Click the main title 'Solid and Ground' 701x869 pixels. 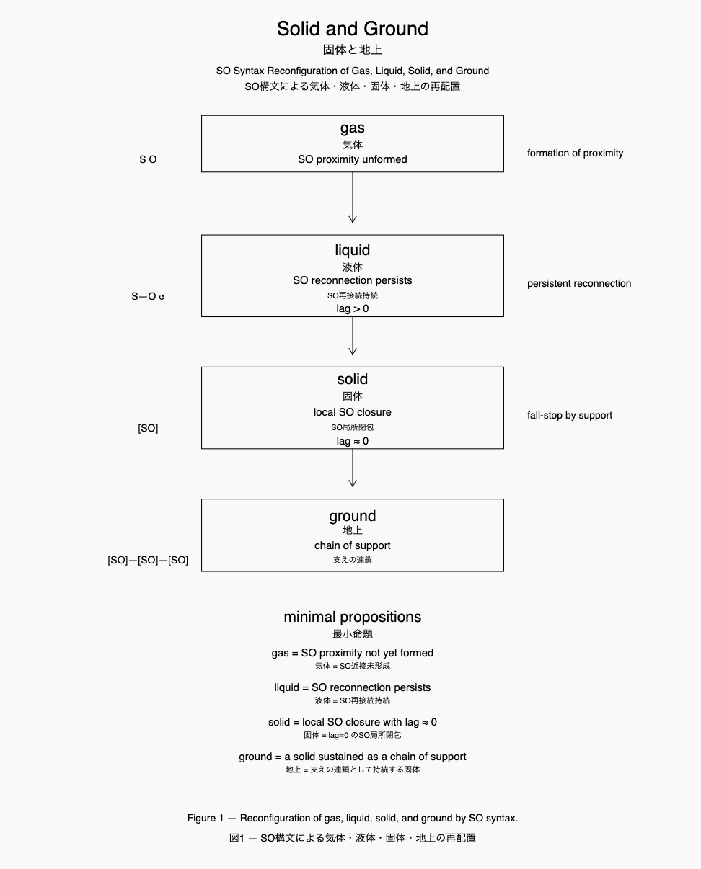352,29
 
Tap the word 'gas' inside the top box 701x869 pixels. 352,128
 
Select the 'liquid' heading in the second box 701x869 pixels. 352,250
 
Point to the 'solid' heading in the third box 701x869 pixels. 352,379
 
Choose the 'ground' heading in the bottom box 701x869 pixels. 352,516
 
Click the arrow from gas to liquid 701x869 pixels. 352,197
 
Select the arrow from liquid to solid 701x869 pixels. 352,336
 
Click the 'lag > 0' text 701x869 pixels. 352,308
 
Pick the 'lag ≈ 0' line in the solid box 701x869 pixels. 352,441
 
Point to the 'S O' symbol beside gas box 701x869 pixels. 148,159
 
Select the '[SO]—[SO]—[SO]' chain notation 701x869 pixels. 148,560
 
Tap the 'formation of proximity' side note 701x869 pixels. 575,153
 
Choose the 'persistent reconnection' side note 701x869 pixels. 578,283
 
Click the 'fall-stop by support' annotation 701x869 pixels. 569,415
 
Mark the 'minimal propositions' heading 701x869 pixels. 352,617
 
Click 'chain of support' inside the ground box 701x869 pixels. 352,545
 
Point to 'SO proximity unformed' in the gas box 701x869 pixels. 352,159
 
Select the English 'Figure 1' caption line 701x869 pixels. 352,818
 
